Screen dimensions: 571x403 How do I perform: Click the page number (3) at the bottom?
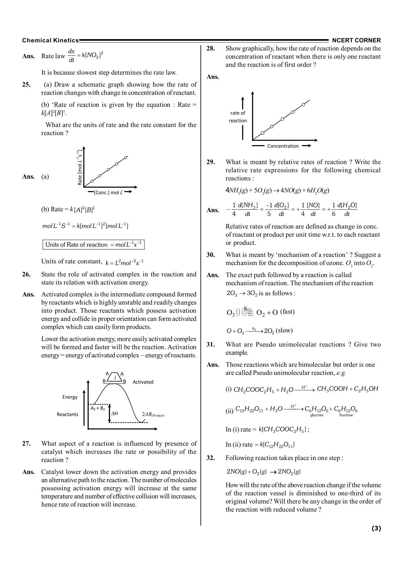tap(376, 528)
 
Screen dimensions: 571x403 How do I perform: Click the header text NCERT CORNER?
tap(356, 41)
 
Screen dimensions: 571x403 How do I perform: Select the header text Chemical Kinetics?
tap(50, 41)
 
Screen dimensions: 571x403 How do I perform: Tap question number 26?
tap(26, 274)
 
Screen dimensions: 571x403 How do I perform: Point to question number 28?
tap(211, 49)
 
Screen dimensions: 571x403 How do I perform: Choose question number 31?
tap(211, 344)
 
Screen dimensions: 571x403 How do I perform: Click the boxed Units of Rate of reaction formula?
tap(93, 245)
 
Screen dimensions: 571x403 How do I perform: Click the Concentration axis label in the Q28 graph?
tap(283, 146)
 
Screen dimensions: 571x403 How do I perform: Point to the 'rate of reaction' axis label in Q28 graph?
tap(238, 117)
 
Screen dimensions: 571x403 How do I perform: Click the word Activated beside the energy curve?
tap(143, 382)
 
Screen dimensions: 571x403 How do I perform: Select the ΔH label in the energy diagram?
tap(114, 414)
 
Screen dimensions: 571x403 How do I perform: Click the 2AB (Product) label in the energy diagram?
tap(153, 415)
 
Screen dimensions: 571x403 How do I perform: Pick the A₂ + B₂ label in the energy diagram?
tap(97, 408)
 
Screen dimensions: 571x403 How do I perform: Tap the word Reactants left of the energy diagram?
tap(67, 414)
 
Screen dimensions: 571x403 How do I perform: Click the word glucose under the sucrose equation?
tap(317, 415)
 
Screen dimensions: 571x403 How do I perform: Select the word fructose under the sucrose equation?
tap(346, 415)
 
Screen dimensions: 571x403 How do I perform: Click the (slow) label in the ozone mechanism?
tap(284, 330)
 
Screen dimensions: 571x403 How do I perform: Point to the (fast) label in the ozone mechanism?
tap(287, 312)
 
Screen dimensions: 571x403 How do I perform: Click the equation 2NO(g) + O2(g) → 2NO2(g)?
tap(263, 472)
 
